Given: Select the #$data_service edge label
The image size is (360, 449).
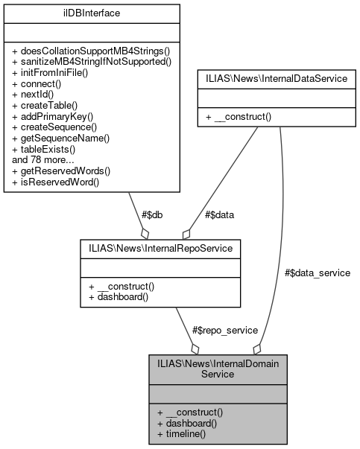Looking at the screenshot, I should pos(317,273).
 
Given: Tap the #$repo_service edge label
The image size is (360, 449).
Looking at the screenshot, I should pos(225,330).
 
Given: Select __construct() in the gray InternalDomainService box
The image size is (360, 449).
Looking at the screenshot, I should pos(190,411).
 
